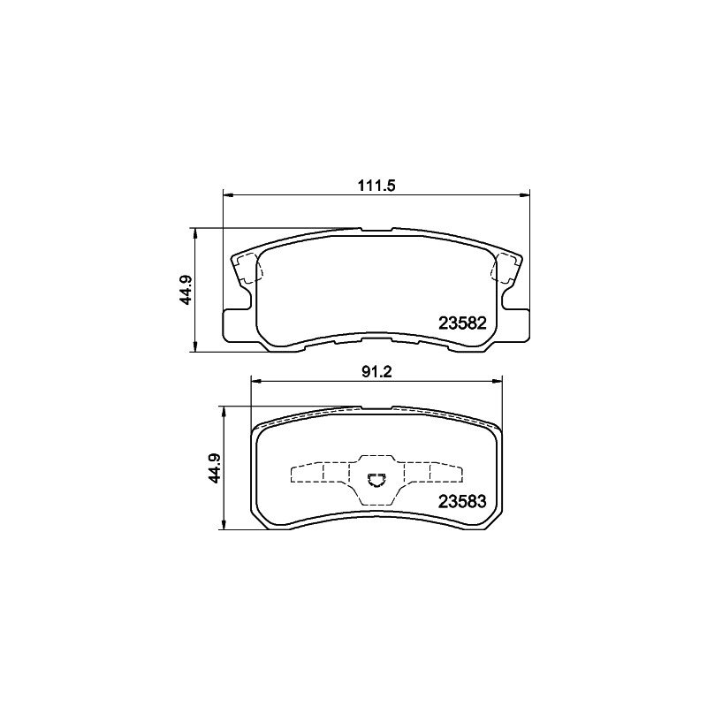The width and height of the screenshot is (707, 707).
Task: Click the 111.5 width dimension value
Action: pyautogui.click(x=376, y=186)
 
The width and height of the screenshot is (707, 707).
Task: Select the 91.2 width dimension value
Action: pyautogui.click(x=376, y=372)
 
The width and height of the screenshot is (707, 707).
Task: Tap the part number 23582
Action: pyautogui.click(x=462, y=323)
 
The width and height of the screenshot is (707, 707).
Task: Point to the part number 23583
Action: pyautogui.click(x=462, y=501)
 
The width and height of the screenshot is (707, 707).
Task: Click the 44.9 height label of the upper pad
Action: pyautogui.click(x=186, y=290)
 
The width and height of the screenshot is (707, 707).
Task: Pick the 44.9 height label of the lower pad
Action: pyautogui.click(x=215, y=468)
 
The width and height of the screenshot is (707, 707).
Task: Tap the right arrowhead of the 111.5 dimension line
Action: pyautogui.click(x=524, y=194)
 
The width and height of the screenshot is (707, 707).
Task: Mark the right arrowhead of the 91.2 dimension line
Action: pyautogui.click(x=497, y=382)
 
